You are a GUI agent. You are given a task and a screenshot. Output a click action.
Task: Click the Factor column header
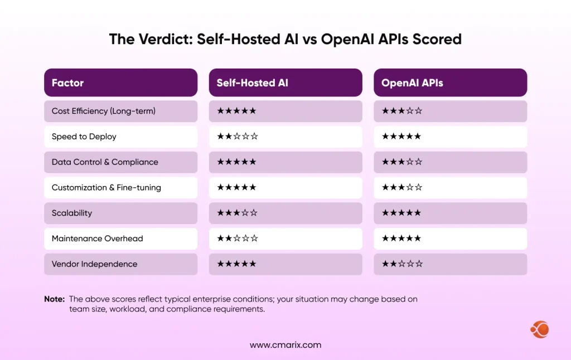pos(67,83)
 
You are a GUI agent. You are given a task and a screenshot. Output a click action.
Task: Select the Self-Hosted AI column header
pos(252,83)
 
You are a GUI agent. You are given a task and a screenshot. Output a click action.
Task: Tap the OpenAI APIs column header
pos(412,83)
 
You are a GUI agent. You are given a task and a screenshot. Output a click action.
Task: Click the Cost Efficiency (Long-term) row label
pos(103,111)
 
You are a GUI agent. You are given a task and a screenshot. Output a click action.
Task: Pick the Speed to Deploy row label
pos(84,137)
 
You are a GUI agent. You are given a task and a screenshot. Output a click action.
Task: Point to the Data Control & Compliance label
pos(105,162)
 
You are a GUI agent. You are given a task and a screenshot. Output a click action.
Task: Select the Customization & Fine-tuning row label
pos(106,187)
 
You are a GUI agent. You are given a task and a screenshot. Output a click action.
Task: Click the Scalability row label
pos(71,213)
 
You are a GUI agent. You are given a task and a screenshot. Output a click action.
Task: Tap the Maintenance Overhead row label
pos(97,239)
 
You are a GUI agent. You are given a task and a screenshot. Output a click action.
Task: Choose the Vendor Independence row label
pos(94,264)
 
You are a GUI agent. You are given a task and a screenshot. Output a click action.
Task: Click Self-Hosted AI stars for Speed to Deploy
pos(237,137)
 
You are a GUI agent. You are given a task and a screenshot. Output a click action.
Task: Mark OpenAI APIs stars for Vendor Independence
pos(402,264)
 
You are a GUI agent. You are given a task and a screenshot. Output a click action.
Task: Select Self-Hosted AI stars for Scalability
pos(237,213)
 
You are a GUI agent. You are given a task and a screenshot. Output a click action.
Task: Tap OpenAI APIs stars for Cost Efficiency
pos(402,111)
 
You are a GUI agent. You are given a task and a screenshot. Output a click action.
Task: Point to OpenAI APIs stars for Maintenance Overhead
pos(401,239)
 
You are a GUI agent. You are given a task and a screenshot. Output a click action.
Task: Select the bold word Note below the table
pos(54,299)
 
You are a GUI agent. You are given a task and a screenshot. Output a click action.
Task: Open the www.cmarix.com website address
pos(285,345)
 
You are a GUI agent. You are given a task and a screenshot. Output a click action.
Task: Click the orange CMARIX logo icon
pos(539,329)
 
